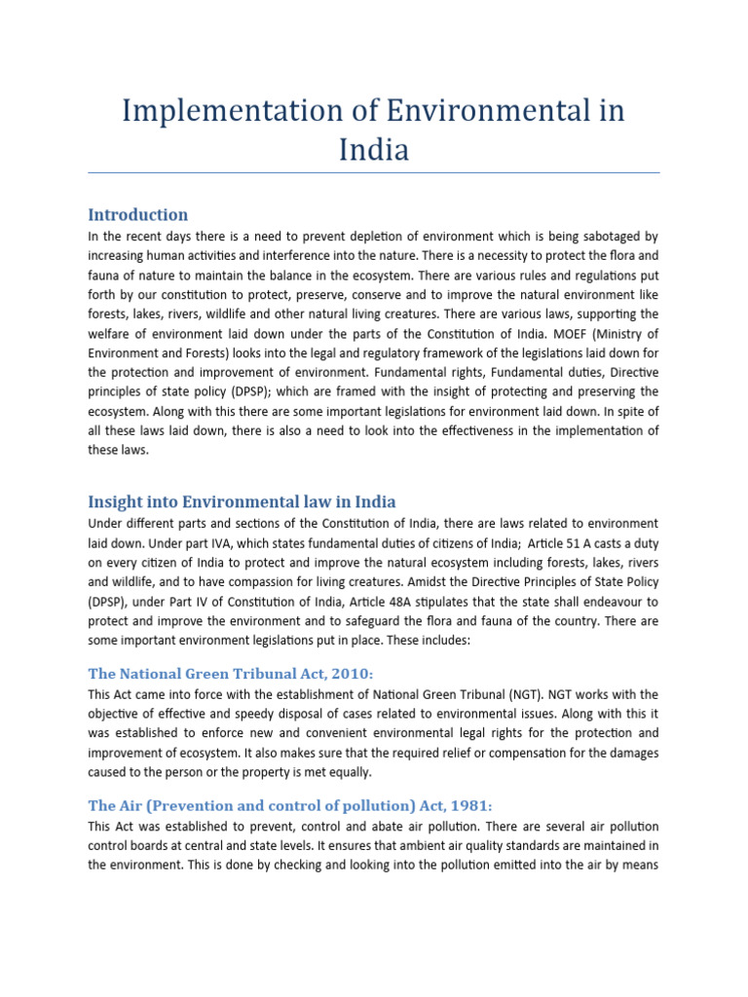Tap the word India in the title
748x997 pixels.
[x=374, y=150]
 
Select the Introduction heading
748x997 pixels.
[x=137, y=214]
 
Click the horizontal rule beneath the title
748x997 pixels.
[x=374, y=173]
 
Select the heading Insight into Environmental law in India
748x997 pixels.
[x=242, y=501]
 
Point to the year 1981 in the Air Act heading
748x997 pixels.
[x=467, y=805]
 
